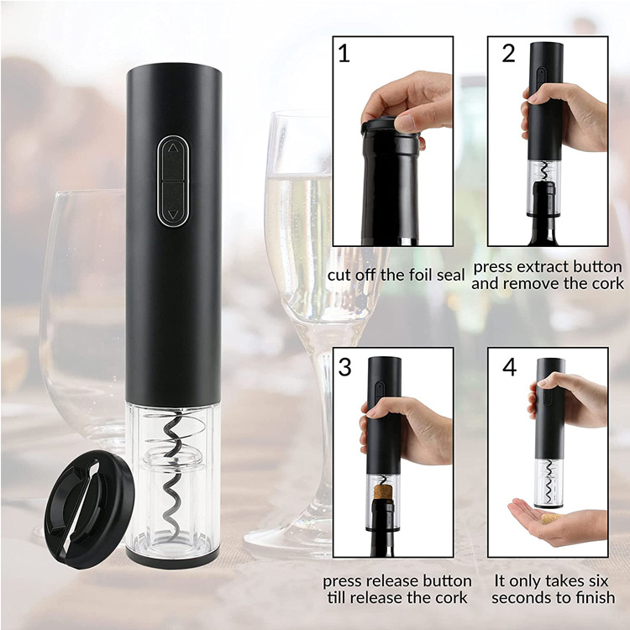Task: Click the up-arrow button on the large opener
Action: [x=173, y=159]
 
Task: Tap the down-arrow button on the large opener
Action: [x=173, y=203]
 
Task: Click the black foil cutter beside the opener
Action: [x=89, y=509]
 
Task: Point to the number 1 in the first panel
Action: [x=344, y=54]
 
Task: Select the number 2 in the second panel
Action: [x=508, y=53]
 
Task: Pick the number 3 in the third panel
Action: [x=344, y=367]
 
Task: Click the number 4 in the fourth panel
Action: [x=510, y=367]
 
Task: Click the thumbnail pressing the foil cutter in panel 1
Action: [x=406, y=123]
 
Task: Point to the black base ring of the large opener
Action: [x=173, y=560]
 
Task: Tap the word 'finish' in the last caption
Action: [x=595, y=597]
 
